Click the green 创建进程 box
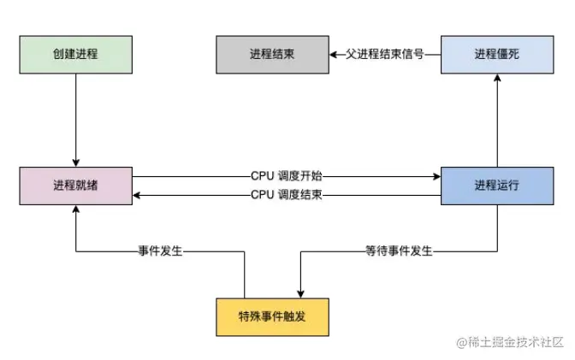click(75, 53)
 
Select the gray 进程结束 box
click(270, 53)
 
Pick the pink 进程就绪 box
click(75, 186)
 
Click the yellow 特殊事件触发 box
click(271, 316)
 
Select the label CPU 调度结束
click(287, 195)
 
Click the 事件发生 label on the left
click(162, 251)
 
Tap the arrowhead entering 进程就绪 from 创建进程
click(75, 162)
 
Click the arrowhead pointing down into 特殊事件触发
click(299, 291)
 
